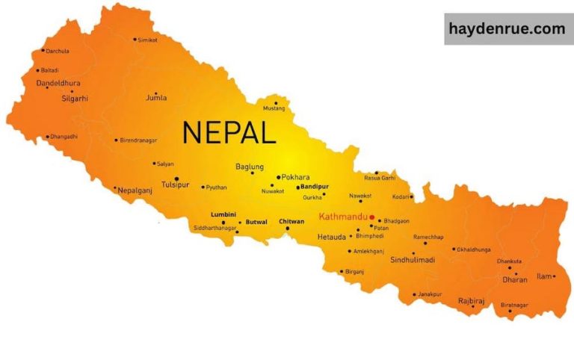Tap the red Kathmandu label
point(343,217)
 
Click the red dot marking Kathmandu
point(372,217)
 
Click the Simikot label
point(148,40)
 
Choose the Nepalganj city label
point(135,190)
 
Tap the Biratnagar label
point(514,305)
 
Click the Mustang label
point(274,109)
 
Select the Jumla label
point(156,97)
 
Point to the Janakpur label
point(431,294)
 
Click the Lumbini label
point(223,214)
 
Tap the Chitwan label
point(291,222)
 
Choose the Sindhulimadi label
point(413,260)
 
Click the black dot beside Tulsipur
point(176,179)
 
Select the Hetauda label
point(331,237)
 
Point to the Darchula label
point(58,51)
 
